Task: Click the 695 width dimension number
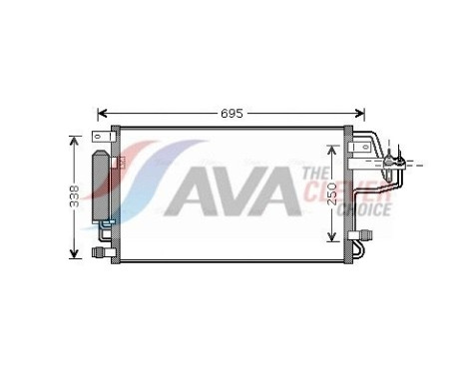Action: [x=233, y=113]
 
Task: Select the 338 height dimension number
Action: [x=73, y=195]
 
